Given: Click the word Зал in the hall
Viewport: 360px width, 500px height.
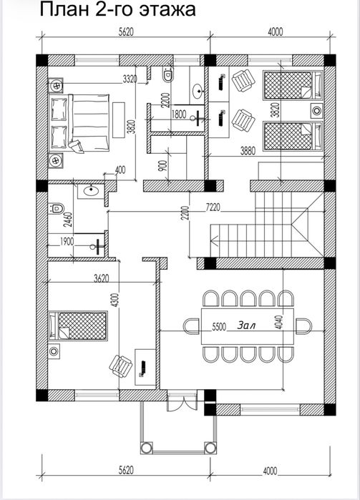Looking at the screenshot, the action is [x=246, y=325].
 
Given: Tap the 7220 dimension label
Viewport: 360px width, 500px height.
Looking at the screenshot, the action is [x=212, y=207].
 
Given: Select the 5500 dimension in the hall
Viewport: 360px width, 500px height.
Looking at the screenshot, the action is [x=219, y=327].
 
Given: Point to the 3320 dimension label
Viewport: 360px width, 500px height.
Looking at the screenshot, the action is [x=130, y=79].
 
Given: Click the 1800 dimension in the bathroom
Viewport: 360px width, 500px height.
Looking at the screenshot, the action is [x=179, y=114].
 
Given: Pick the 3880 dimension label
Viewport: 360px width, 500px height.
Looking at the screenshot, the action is [x=248, y=151].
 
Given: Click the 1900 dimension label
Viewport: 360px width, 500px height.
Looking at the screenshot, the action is [x=67, y=241].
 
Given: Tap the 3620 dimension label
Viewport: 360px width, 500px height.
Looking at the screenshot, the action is [x=102, y=278].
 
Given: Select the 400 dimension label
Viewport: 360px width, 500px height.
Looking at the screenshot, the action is [x=120, y=170].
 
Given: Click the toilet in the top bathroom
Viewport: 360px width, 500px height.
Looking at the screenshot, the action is [x=168, y=74].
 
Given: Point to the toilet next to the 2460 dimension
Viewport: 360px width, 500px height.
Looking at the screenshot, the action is [x=56, y=209].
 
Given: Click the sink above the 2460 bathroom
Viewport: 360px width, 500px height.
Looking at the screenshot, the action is [x=91, y=191].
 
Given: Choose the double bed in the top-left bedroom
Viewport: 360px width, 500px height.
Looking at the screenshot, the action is [x=80, y=123].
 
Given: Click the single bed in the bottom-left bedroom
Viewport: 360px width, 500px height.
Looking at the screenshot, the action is [x=77, y=325].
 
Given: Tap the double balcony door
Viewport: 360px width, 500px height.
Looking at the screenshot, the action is [x=183, y=401].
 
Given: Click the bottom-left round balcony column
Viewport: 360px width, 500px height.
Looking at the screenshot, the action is [x=146, y=447].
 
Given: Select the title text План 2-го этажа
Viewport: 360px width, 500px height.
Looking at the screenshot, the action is [x=117, y=9].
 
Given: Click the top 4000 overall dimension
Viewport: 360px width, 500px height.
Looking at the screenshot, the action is [x=275, y=31].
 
